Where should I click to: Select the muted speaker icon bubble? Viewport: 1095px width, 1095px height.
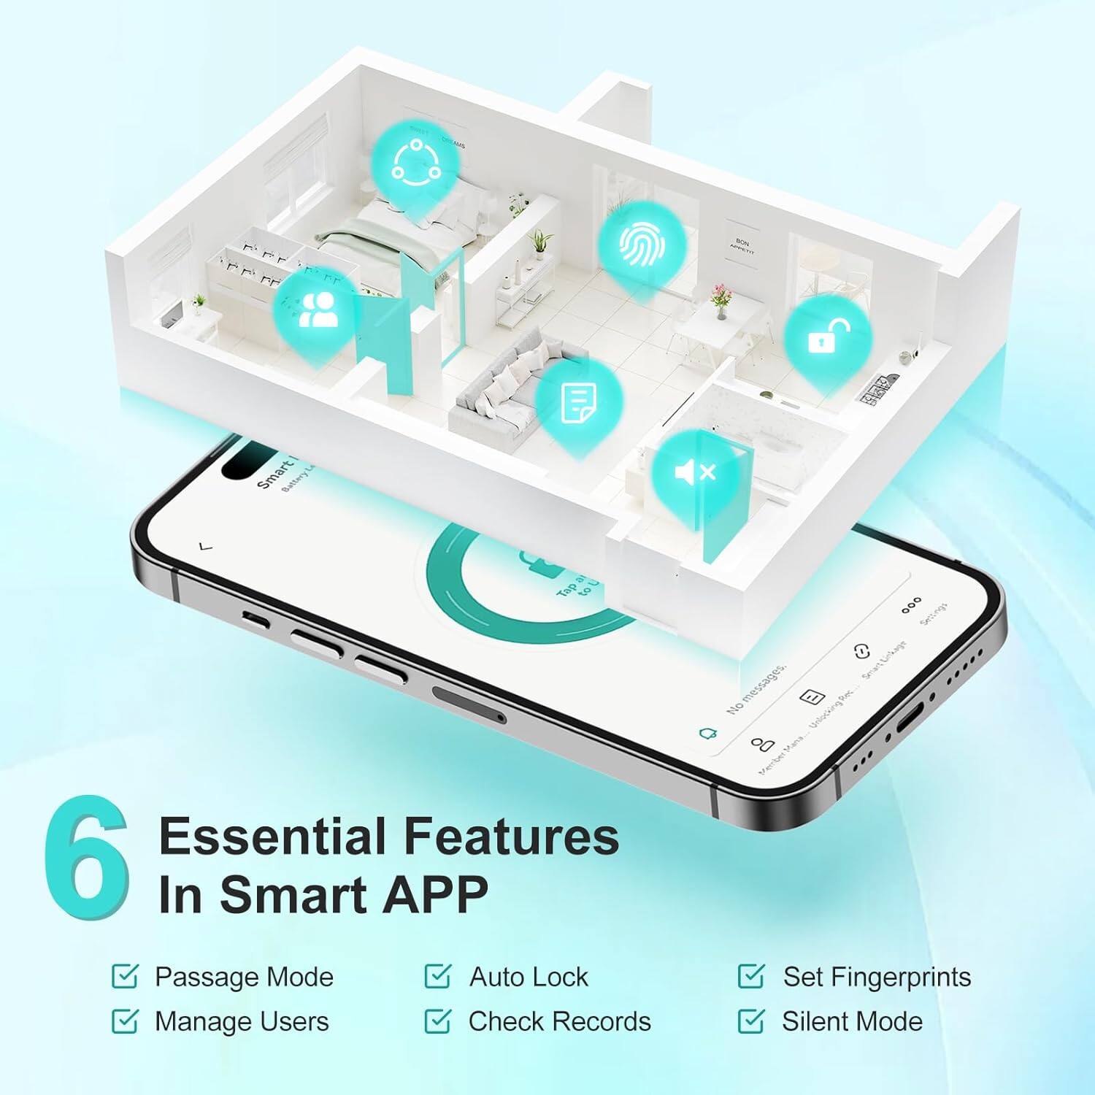coord(695,473)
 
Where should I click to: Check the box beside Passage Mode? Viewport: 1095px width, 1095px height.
coord(125,977)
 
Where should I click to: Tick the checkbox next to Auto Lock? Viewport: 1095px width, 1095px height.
coord(437,977)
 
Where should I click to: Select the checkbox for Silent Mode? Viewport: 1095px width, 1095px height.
coord(750,1021)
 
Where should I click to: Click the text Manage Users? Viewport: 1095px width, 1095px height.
coord(242,1021)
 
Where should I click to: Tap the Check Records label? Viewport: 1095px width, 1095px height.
coord(559,1021)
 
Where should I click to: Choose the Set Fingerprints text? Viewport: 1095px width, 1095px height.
coord(877,977)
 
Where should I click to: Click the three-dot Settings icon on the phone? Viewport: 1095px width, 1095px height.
coord(911,605)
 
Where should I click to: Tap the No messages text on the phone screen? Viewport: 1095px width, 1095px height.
coord(756,688)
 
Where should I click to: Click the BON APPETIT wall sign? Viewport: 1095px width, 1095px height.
coord(742,245)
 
